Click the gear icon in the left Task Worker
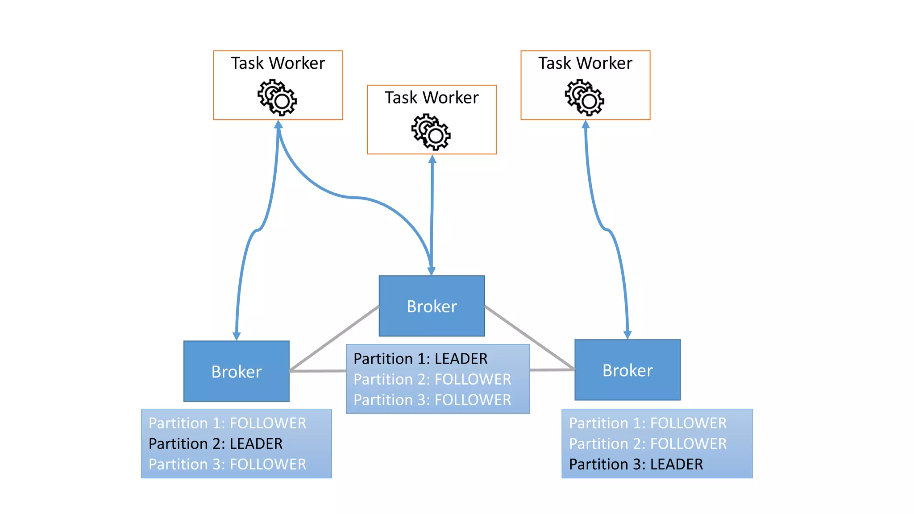point(277,97)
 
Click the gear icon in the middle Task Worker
point(431,132)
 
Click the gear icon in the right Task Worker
point(585,97)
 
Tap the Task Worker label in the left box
point(278,63)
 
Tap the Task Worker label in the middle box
point(432,97)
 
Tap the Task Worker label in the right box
point(585,63)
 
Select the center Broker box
point(432,306)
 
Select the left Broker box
point(236,371)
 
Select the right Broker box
point(627,370)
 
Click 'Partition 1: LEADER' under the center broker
point(420,359)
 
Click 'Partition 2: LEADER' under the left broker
point(216,444)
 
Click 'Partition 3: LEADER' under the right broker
point(636,464)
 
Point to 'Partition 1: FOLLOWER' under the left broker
point(227,423)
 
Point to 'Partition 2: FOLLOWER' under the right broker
point(648,444)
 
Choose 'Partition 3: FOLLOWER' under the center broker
point(432,400)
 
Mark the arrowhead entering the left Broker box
point(237,336)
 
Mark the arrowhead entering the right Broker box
point(627,335)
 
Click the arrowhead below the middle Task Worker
point(432,159)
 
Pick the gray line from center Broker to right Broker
point(529,337)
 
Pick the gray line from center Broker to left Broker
point(335,338)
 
